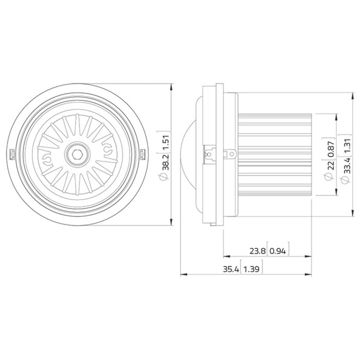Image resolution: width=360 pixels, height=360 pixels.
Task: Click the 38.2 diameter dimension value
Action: click(x=166, y=162)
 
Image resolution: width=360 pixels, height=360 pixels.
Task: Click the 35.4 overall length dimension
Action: click(x=230, y=269)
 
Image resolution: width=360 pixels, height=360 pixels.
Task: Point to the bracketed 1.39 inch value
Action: click(x=251, y=269)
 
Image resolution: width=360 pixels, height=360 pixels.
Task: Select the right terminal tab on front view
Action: click(x=143, y=154)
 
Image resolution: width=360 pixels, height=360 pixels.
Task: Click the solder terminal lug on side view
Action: click(x=230, y=154)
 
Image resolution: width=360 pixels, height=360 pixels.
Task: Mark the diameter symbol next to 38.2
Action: click(x=166, y=176)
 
